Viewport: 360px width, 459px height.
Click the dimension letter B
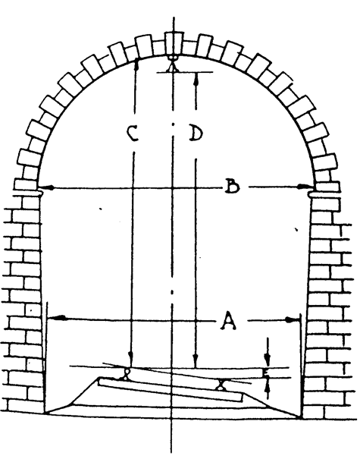[x=232, y=187]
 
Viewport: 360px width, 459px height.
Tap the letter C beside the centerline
[x=133, y=133]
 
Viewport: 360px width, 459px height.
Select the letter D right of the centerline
[x=196, y=133]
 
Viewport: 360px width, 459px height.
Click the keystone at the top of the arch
[x=174, y=43]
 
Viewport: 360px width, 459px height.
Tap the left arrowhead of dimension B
[x=46, y=187]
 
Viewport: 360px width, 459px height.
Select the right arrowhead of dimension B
[x=305, y=187]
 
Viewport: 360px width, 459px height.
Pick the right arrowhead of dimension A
[x=293, y=319]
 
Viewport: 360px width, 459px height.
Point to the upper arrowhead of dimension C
[x=136, y=64]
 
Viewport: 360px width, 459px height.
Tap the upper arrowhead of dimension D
[x=196, y=79]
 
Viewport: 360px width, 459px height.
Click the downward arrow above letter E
[x=267, y=352]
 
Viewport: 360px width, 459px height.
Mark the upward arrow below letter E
[x=267, y=388]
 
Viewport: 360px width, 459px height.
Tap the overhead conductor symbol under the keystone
[x=173, y=64]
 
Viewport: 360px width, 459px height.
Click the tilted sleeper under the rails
[x=171, y=390]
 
